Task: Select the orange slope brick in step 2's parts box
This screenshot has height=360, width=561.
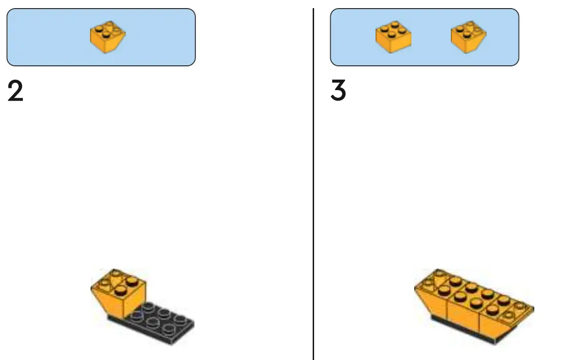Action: tap(108, 37)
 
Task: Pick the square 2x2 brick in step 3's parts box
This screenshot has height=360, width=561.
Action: tap(393, 37)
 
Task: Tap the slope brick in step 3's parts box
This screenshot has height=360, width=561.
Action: tap(469, 37)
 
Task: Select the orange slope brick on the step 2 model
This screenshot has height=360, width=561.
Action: tap(119, 291)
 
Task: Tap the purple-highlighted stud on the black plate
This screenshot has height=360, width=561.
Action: tap(138, 315)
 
